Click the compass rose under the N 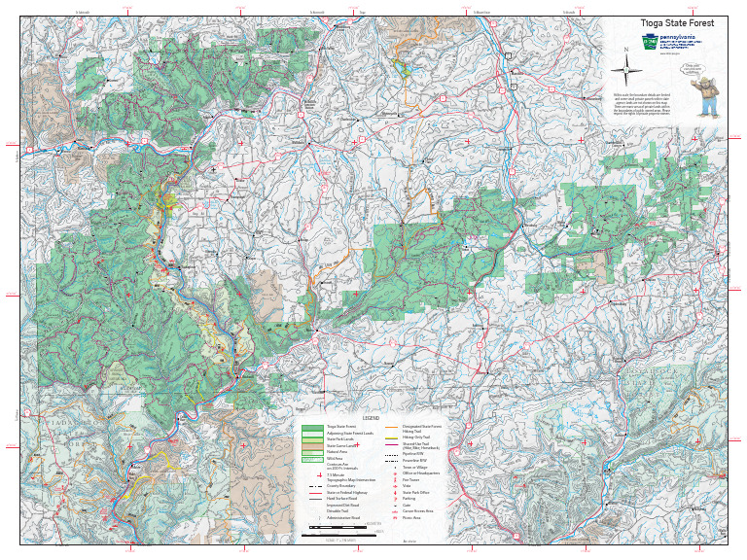tap(624, 69)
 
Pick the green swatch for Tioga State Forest tap(311, 427)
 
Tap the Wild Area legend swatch tap(311, 460)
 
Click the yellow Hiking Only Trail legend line tap(393, 438)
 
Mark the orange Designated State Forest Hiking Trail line tap(393, 427)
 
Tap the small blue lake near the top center tap(402, 67)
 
